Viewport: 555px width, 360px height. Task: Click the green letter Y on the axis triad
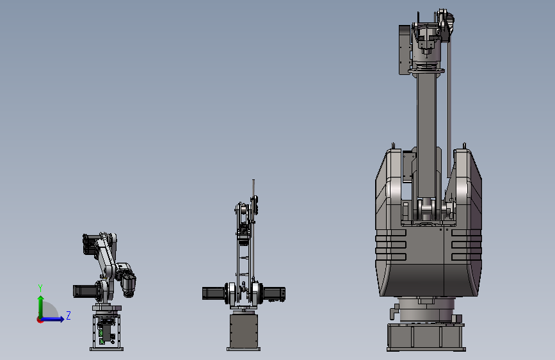[40, 288]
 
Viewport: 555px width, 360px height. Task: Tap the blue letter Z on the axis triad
[68, 315]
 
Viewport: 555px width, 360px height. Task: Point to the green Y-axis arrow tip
[41, 298]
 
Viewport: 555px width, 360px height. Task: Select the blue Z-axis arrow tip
[62, 319]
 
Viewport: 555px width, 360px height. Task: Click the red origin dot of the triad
[40, 320]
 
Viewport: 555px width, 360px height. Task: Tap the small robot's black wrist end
[129, 284]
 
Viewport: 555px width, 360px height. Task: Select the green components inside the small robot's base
[101, 336]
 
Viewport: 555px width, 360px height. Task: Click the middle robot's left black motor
[214, 293]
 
